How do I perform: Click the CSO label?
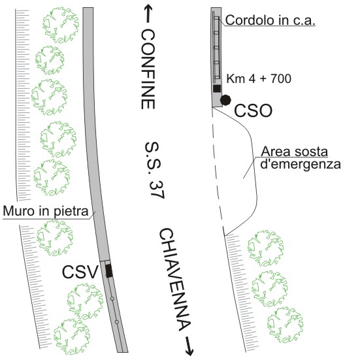(253, 111)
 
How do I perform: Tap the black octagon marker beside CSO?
(225, 100)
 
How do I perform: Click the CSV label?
(80, 272)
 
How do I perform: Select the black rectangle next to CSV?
(109, 270)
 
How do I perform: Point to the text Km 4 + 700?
(259, 79)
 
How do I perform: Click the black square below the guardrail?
(217, 88)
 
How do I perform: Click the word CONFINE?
(148, 69)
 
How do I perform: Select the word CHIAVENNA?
(175, 280)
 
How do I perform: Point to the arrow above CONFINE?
(148, 14)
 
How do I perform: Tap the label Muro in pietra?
(46, 211)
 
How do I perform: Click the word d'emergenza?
(301, 164)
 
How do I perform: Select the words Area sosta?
(294, 152)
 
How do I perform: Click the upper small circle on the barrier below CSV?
(112, 299)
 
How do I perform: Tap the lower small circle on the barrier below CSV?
(117, 322)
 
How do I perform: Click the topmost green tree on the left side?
(61, 25)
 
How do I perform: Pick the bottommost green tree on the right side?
(285, 325)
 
